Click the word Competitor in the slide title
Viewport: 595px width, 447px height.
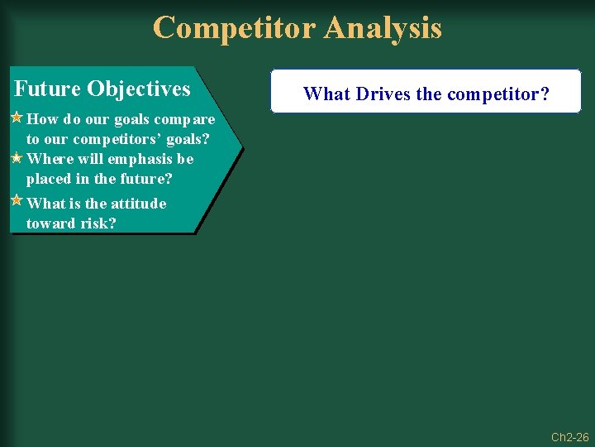click(x=235, y=28)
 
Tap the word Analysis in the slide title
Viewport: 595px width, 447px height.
click(x=383, y=28)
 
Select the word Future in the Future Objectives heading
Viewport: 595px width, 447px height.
click(x=47, y=89)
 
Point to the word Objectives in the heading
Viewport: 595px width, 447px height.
click(x=138, y=89)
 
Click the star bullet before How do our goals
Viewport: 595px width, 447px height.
click(x=16, y=118)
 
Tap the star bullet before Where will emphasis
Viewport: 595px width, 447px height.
click(x=16, y=157)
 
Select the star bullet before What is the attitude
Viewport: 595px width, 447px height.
click(x=16, y=200)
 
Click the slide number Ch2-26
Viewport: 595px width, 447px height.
click(x=569, y=437)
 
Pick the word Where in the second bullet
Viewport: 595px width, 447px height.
click(x=50, y=159)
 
